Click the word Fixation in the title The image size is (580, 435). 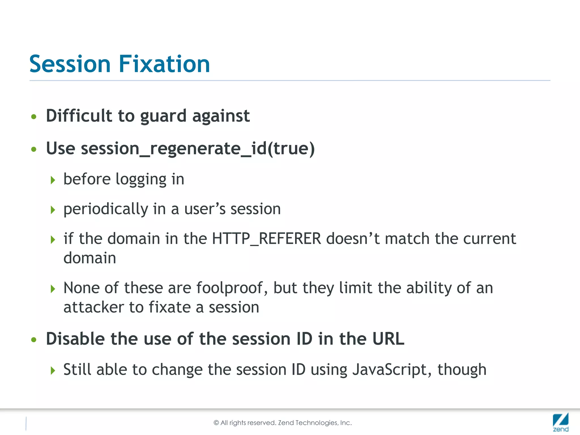pos(164,64)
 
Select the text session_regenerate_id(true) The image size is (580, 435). pos(198,148)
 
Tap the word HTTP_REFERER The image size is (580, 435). pos(266,238)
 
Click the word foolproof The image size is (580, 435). pos(229,288)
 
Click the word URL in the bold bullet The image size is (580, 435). pos(388,339)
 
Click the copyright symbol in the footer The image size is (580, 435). pos(216,423)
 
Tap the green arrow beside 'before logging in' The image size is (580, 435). pos(53,180)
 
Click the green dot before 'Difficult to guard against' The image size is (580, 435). pos(34,117)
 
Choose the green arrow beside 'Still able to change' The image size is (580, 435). pos(53,370)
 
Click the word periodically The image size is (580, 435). pos(106,209)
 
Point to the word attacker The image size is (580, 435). pos(94,307)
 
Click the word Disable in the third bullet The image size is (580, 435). pos(75,339)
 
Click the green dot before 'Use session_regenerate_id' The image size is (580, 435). pos(34,149)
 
